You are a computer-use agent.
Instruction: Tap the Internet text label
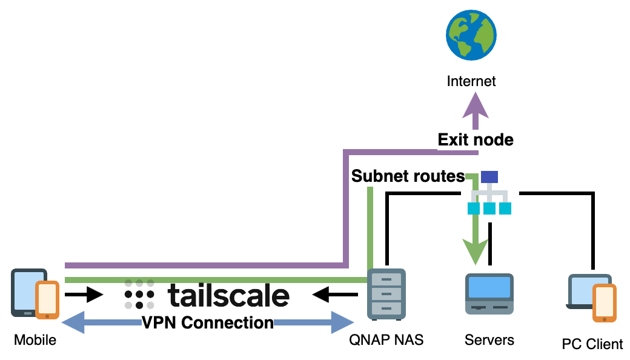(x=471, y=81)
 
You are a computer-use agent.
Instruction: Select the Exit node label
(x=476, y=140)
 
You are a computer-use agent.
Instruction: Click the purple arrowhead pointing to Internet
(x=476, y=109)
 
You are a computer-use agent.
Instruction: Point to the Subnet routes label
(x=408, y=176)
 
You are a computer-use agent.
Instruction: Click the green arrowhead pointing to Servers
(x=476, y=250)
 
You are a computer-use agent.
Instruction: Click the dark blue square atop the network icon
(x=489, y=177)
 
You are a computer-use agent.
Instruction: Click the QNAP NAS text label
(x=386, y=340)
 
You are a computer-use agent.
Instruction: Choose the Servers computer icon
(x=489, y=294)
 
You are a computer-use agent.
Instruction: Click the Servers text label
(x=489, y=340)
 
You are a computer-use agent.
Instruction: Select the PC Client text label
(x=592, y=344)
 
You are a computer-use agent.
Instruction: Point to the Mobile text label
(x=35, y=340)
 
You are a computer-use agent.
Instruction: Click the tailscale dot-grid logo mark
(x=139, y=295)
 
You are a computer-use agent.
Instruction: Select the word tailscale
(x=228, y=296)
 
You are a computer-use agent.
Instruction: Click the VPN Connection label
(x=208, y=323)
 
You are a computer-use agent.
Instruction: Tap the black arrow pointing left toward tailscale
(x=335, y=295)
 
